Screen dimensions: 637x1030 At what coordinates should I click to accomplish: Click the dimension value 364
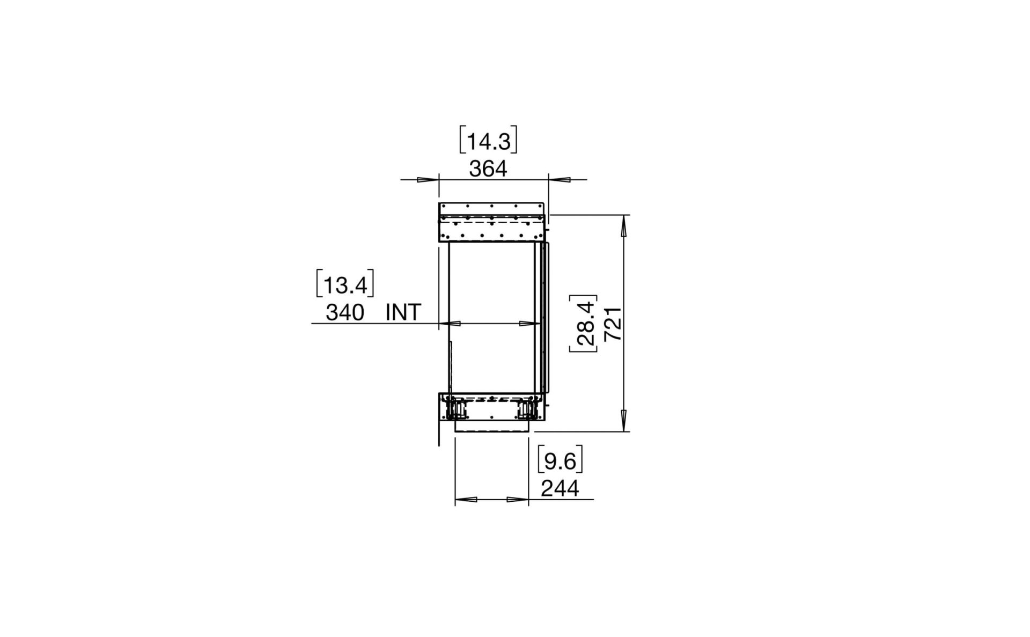point(488,170)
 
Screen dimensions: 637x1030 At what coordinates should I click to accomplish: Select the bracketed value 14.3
point(488,142)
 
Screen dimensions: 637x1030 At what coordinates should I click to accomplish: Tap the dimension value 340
point(344,312)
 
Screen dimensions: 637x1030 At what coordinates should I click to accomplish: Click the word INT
point(403,312)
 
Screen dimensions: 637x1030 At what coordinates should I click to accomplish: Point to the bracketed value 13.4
point(345,285)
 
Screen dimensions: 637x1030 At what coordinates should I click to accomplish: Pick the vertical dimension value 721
point(613,324)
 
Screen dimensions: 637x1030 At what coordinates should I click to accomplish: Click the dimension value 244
point(560,489)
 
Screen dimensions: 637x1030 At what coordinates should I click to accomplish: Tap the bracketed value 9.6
point(560,462)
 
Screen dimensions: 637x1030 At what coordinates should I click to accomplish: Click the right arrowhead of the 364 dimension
point(560,180)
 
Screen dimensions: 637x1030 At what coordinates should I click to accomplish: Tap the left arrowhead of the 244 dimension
point(466,500)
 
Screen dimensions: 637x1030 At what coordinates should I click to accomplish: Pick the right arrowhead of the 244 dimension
point(518,500)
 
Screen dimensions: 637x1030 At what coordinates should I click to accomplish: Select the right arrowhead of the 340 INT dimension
point(529,324)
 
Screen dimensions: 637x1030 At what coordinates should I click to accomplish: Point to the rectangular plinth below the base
point(492,426)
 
